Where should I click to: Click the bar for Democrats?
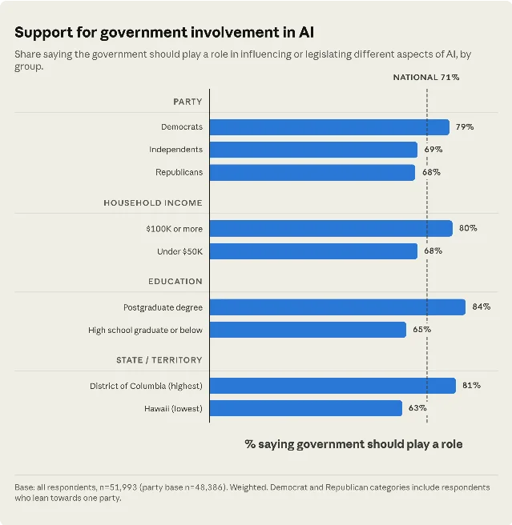[329, 127]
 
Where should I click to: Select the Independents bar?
[313, 150]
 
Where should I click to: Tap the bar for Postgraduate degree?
[337, 307]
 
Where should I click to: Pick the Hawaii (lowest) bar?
[306, 408]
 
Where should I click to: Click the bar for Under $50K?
[313, 251]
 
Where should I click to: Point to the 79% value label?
[465, 127]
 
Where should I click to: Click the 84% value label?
[482, 307]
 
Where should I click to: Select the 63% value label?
[417, 408]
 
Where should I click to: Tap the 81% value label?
[471, 386]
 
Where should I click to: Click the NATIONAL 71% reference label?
[426, 78]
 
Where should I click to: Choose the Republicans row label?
[179, 172]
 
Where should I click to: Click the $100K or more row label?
[175, 229]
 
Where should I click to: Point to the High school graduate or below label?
[146, 331]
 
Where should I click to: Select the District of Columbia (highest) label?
[146, 386]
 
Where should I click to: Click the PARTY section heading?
[187, 102]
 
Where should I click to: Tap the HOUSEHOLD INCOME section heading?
[153, 203]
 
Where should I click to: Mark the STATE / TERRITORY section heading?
[159, 360]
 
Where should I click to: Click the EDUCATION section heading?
[175, 281]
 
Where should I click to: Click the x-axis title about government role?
[353, 444]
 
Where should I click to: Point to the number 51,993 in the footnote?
[123, 487]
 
